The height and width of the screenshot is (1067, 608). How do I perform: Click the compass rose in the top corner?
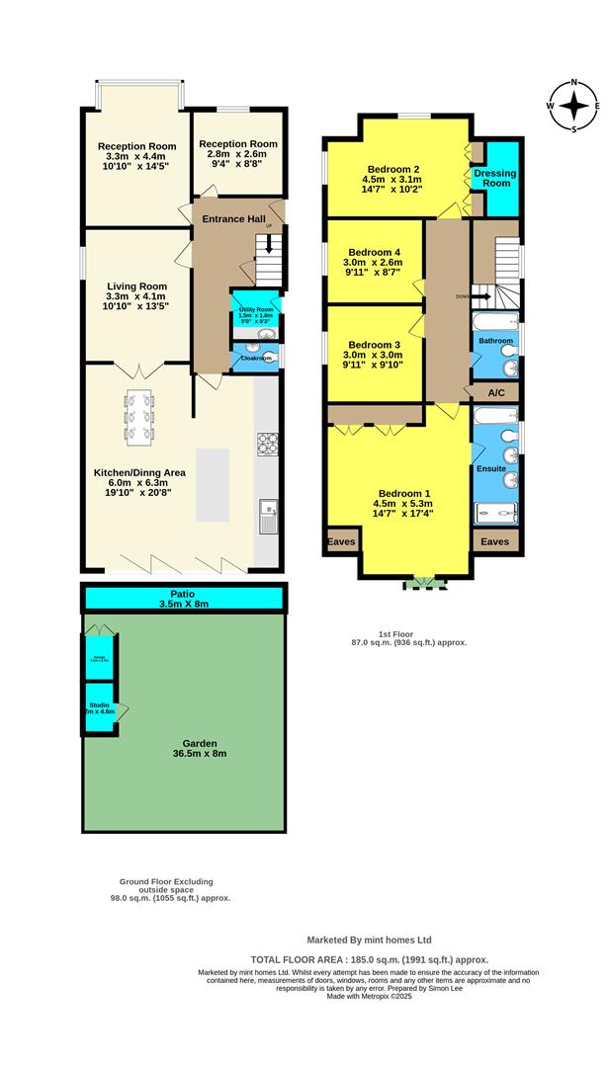click(573, 105)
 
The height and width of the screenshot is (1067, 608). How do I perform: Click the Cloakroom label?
click(256, 358)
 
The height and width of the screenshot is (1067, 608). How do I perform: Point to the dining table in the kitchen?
click(139, 417)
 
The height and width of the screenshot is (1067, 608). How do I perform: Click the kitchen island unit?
click(217, 485)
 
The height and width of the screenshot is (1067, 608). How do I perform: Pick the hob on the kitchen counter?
click(267, 445)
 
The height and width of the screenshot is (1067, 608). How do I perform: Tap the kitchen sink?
click(268, 517)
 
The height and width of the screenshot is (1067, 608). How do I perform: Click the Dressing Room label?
click(494, 179)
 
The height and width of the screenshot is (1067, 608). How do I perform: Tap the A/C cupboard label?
click(495, 392)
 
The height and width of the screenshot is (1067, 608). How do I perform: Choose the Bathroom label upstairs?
click(496, 341)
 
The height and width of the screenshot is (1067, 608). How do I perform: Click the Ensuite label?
click(491, 468)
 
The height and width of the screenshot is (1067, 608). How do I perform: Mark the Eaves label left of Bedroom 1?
click(342, 540)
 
